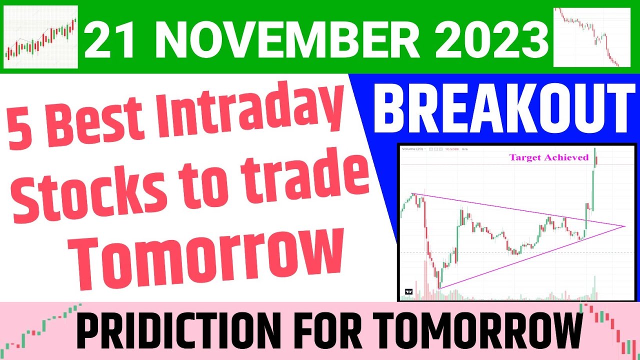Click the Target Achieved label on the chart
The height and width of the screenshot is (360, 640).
pos(548,157)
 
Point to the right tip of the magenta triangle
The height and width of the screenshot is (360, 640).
pos(625,226)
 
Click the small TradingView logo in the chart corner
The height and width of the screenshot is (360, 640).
pos(408,291)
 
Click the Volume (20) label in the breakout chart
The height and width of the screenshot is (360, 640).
pos(413,149)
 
